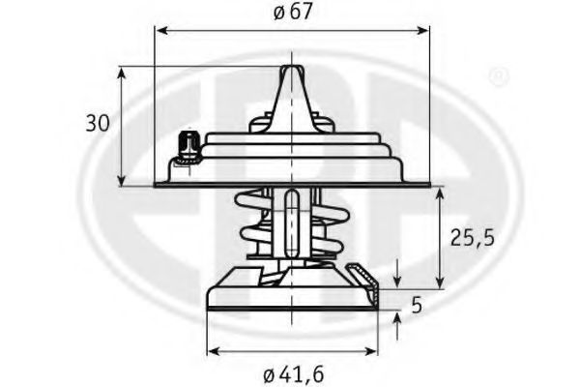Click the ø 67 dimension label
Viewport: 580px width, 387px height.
click(x=293, y=13)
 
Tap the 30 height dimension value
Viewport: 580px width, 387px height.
click(x=98, y=123)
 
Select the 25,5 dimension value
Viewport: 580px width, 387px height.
click(x=473, y=238)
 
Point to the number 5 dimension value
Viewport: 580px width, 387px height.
click(x=417, y=306)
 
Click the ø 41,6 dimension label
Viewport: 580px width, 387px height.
click(x=294, y=374)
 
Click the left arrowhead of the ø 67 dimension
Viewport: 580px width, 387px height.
click(x=161, y=30)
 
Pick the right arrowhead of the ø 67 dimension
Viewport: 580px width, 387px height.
click(x=422, y=30)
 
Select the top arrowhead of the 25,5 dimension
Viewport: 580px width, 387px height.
click(x=440, y=195)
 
